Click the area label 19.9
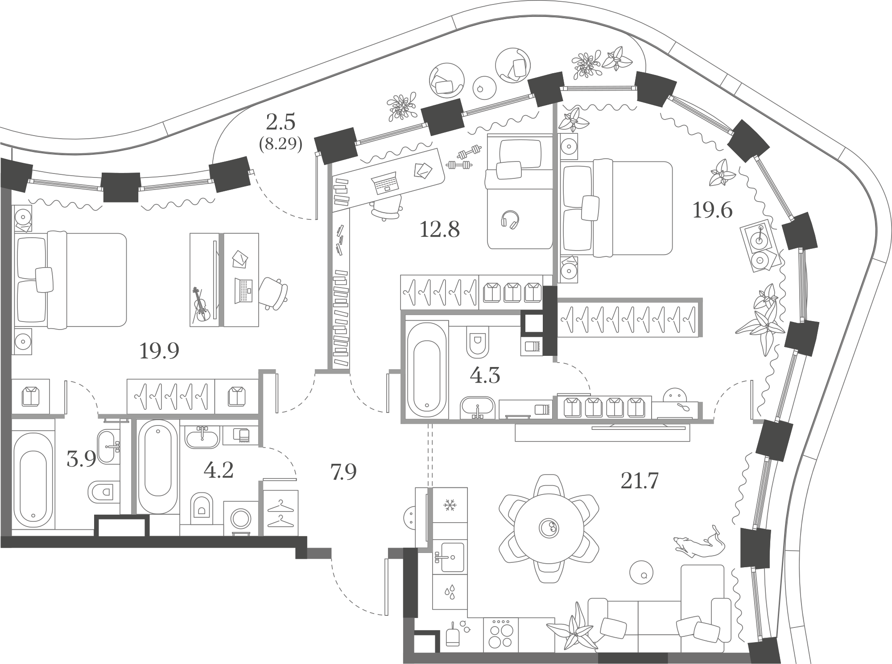click(x=159, y=351)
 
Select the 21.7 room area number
click(x=640, y=481)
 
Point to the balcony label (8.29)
click(x=281, y=144)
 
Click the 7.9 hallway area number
click(x=343, y=472)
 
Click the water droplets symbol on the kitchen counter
click(x=450, y=592)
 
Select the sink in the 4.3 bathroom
click(x=478, y=407)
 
